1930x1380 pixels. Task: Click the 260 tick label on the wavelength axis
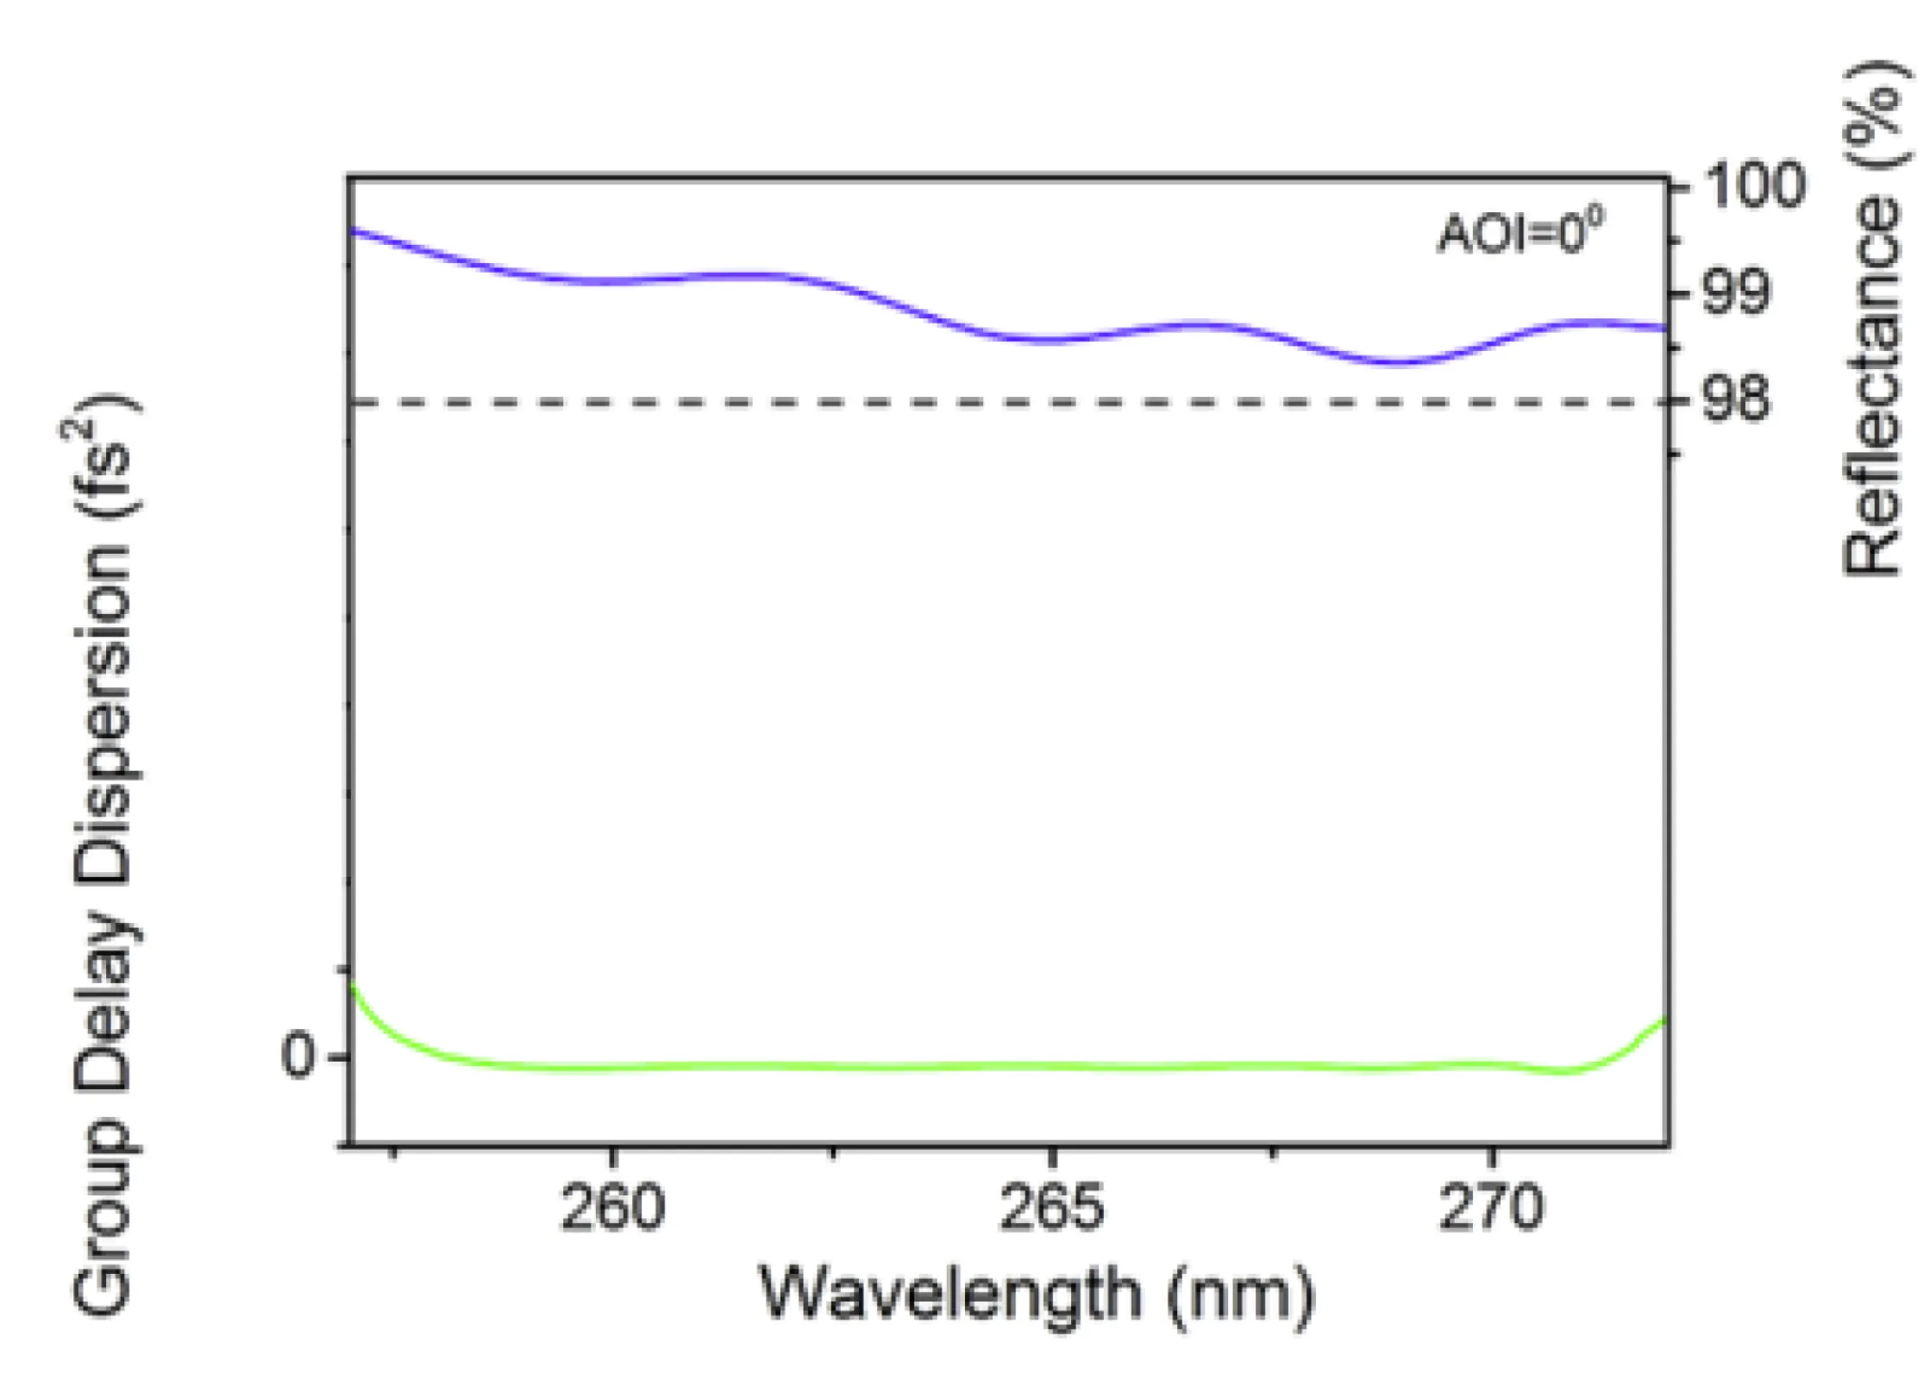click(x=612, y=1207)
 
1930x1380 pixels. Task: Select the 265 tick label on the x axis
click(x=1051, y=1207)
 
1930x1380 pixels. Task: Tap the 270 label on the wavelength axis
click(x=1491, y=1207)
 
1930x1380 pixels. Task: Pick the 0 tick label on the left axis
click(x=298, y=1056)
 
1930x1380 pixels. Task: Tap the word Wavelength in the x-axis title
click(x=949, y=1294)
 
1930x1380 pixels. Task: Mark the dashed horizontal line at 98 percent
click(x=862, y=402)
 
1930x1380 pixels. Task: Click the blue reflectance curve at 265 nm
click(x=1051, y=340)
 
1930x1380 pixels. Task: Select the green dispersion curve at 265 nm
click(x=1051, y=1067)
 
